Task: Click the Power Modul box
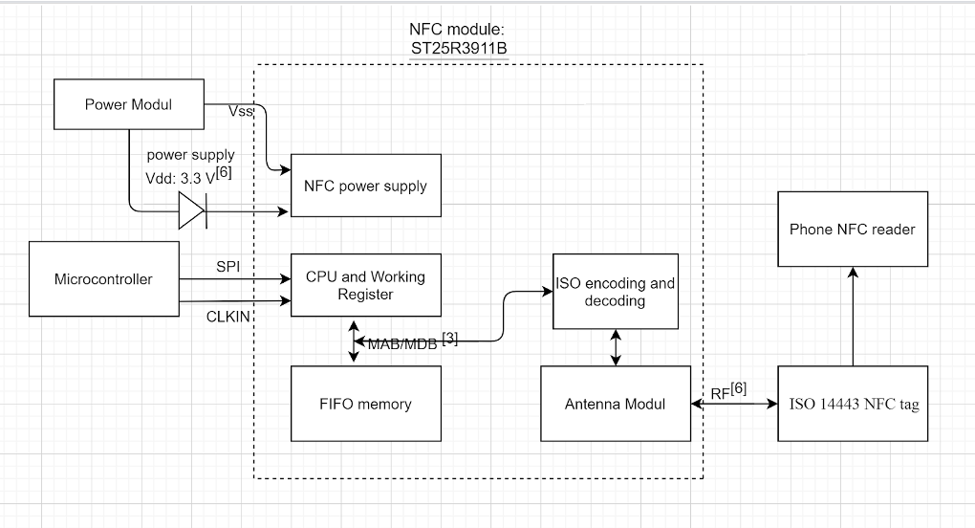(x=129, y=104)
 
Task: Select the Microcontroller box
(x=104, y=278)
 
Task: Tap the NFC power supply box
(x=365, y=186)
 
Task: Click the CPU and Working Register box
(x=365, y=285)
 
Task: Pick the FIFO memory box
(x=365, y=404)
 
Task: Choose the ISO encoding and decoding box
(x=616, y=291)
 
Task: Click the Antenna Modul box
(x=616, y=404)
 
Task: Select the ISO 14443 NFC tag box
(x=853, y=404)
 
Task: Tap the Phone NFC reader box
(x=853, y=229)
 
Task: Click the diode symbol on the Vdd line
(x=192, y=210)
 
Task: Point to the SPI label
(x=228, y=266)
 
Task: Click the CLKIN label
(x=227, y=317)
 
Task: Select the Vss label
(x=241, y=111)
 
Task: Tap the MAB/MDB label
(x=403, y=344)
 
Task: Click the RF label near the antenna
(x=720, y=394)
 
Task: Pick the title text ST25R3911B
(x=459, y=48)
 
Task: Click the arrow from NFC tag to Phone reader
(x=853, y=317)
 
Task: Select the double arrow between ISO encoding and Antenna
(x=616, y=347)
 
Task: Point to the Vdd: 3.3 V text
(x=181, y=179)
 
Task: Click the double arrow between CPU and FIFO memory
(x=353, y=341)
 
